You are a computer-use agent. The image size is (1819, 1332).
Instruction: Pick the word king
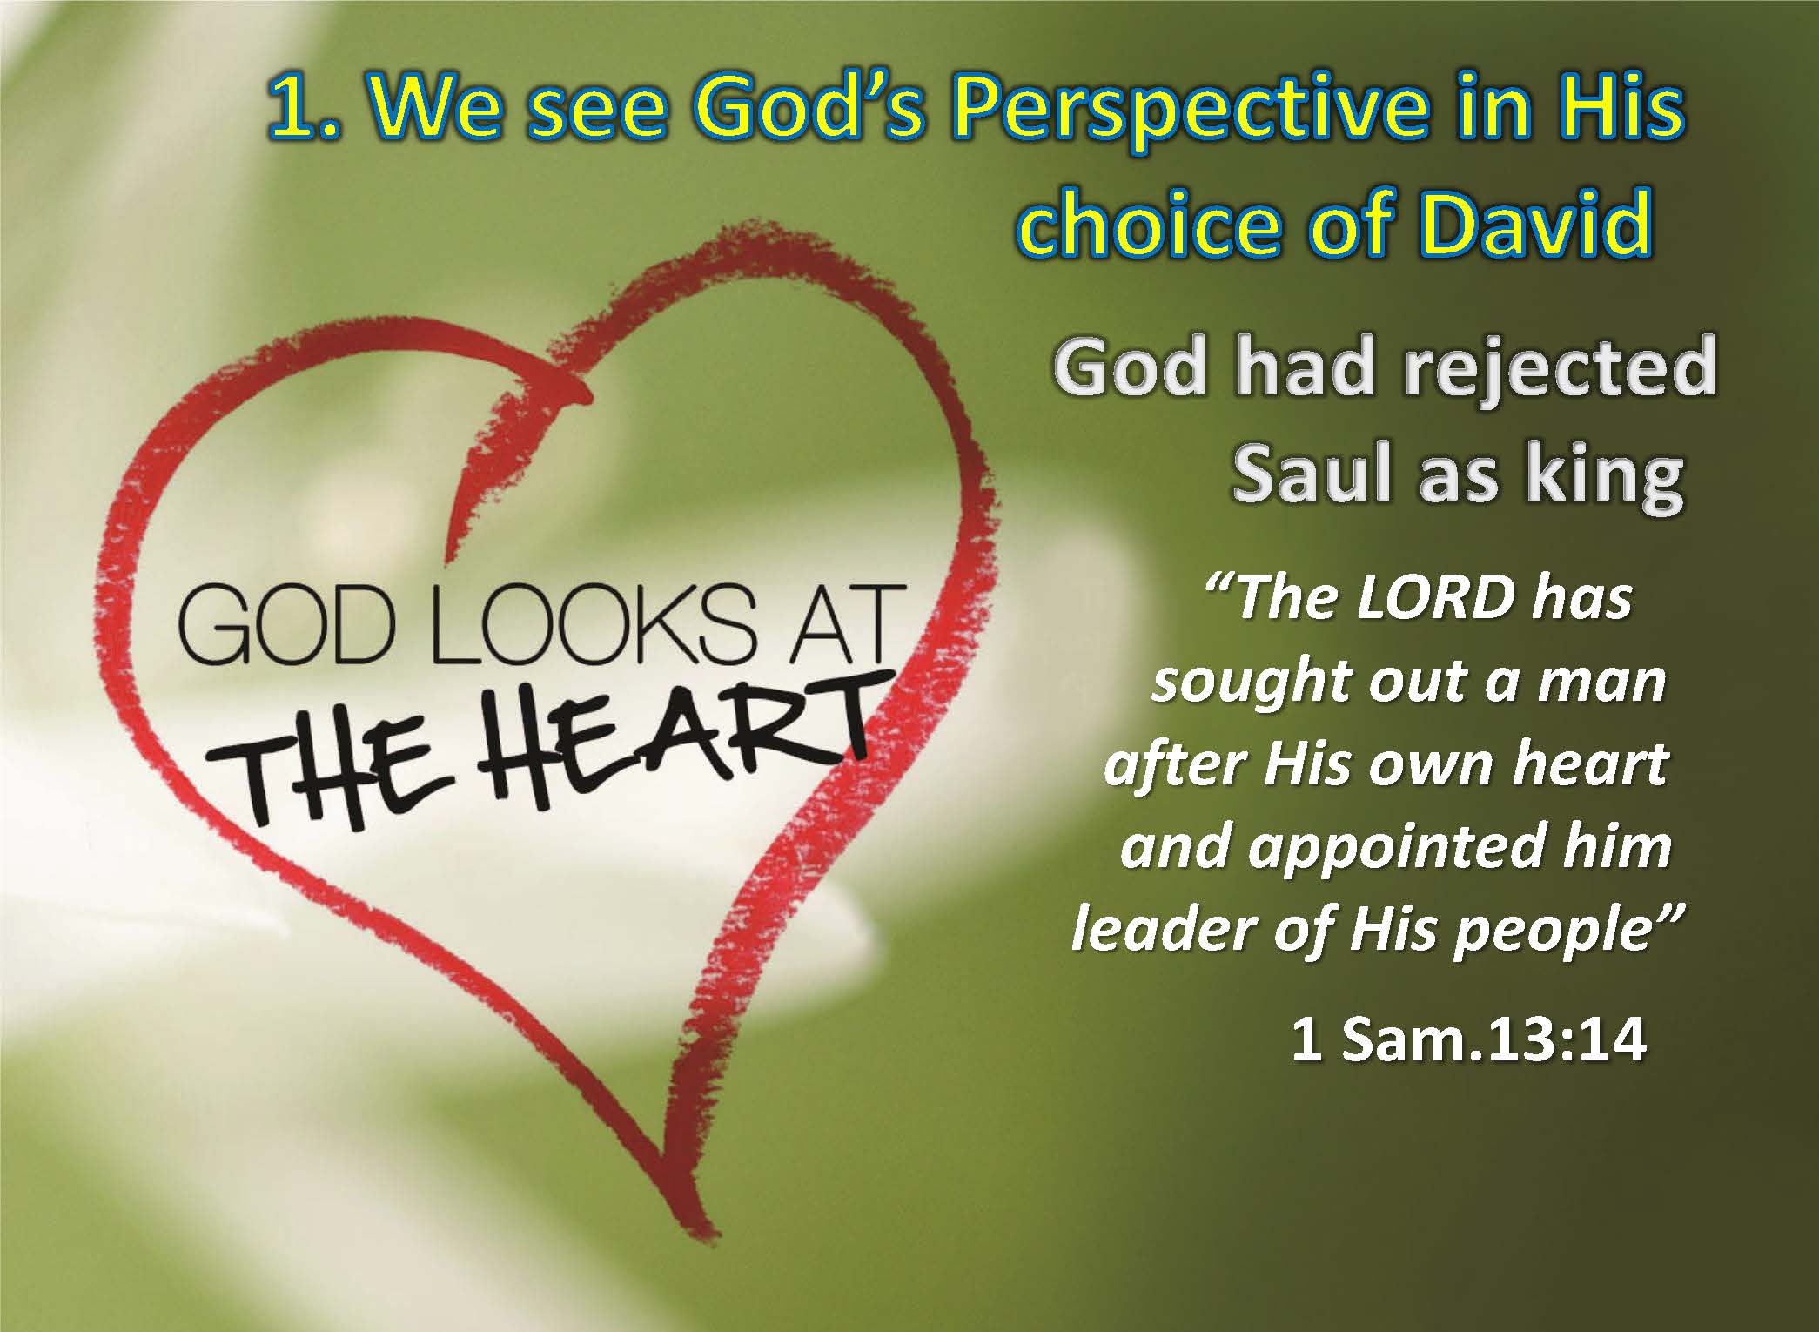(x=1602, y=478)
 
